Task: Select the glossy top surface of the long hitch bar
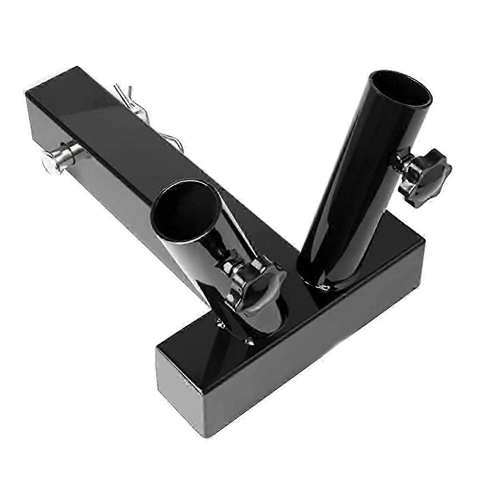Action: click(119, 131)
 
